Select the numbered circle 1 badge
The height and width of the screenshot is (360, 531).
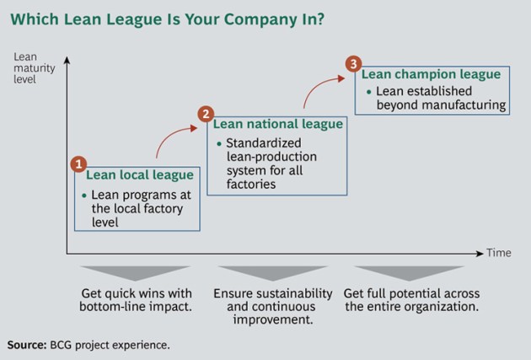(77, 164)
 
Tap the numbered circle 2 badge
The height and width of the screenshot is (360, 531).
(205, 114)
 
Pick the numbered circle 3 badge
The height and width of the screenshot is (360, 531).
(353, 64)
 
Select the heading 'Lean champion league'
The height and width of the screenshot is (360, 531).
(431, 74)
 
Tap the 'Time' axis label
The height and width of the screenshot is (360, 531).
(498, 253)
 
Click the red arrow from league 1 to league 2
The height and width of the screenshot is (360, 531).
(173, 139)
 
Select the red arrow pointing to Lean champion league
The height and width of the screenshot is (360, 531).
(318, 88)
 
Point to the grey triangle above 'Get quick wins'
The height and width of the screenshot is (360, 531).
(136, 273)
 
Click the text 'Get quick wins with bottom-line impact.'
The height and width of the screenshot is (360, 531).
(136, 300)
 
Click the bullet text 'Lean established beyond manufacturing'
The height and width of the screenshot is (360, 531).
(439, 98)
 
